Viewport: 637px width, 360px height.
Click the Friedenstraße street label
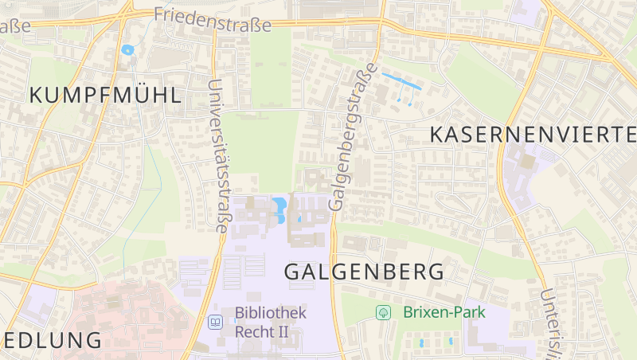(212, 19)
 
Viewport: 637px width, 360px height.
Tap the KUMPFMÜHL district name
(105, 96)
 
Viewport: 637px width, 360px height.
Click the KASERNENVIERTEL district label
(533, 135)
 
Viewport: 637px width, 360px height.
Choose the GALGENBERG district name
(364, 272)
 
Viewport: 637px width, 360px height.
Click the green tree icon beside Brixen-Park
(384, 312)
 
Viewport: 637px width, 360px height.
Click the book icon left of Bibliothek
(214, 323)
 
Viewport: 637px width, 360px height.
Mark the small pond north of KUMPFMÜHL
(127, 50)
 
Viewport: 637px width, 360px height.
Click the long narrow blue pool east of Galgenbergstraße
(401, 81)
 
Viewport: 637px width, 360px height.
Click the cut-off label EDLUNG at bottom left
(51, 340)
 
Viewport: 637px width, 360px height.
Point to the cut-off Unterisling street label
(549, 323)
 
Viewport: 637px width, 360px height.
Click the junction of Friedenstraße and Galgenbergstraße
(381, 22)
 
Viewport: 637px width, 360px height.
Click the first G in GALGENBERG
(292, 272)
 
